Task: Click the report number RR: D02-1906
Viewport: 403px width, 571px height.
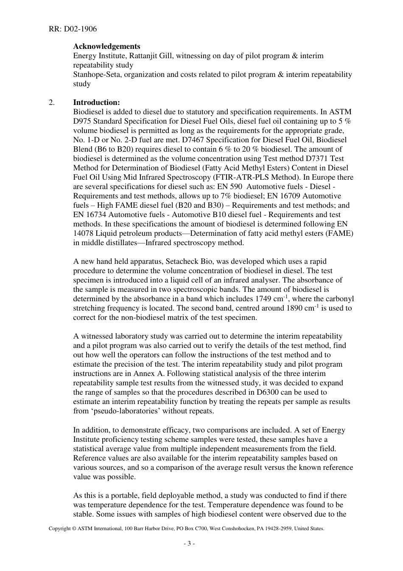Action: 73,29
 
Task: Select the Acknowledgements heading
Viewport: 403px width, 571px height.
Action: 106,46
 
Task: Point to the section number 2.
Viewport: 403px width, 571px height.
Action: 51,102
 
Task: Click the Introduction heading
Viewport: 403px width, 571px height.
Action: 96,102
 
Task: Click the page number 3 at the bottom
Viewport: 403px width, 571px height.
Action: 189,543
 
